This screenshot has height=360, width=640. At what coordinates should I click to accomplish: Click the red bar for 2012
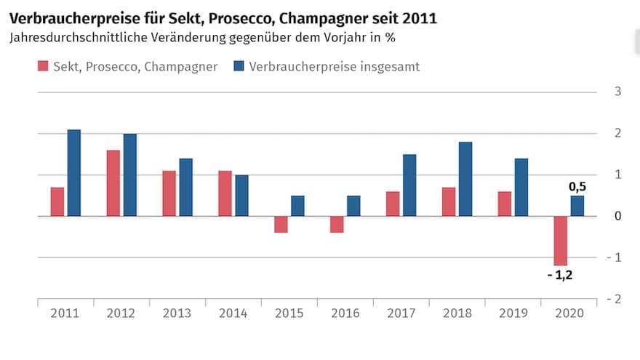[x=113, y=183]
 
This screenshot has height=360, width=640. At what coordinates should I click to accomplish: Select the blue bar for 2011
[x=73, y=173]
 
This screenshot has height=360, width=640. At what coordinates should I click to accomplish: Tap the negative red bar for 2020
[x=560, y=241]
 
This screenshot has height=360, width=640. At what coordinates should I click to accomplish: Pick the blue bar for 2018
[x=465, y=179]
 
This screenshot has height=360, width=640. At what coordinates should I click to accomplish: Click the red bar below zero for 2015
[x=281, y=224]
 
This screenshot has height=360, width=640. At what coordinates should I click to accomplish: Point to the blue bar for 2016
[x=353, y=206]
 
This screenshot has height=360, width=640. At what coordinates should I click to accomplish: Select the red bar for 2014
[x=225, y=193]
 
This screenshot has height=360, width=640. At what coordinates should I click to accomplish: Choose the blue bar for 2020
[x=577, y=206]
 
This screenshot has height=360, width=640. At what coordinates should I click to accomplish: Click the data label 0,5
[x=577, y=187]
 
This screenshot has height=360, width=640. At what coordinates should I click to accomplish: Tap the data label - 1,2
[x=559, y=275]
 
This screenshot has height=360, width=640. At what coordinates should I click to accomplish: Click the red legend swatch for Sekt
[x=42, y=67]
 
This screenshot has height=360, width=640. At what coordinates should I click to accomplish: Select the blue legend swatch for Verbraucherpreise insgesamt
[x=238, y=67]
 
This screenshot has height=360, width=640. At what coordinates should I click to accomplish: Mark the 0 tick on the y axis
[x=618, y=216]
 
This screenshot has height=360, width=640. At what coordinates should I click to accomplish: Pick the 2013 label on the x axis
[x=177, y=313]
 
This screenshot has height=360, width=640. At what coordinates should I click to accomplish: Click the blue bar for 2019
[x=521, y=187]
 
